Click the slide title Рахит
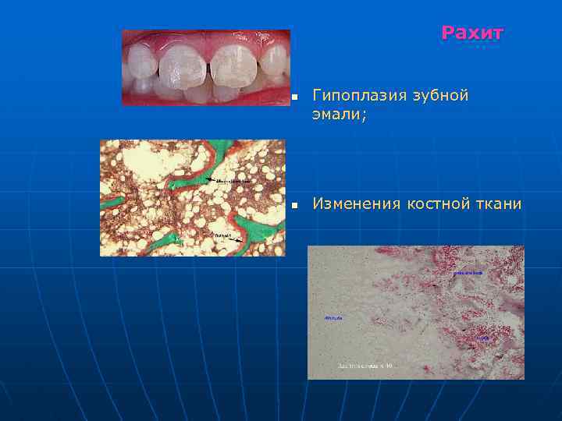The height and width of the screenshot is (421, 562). [x=472, y=33]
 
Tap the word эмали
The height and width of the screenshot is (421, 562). [x=336, y=114]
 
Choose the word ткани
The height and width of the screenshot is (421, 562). [x=500, y=204]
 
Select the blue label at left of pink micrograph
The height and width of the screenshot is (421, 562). [x=329, y=318]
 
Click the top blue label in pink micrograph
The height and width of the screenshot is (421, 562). [x=468, y=273]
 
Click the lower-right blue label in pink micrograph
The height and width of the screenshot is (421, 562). [x=484, y=338]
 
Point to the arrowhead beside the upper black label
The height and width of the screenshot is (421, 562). [x=209, y=180]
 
